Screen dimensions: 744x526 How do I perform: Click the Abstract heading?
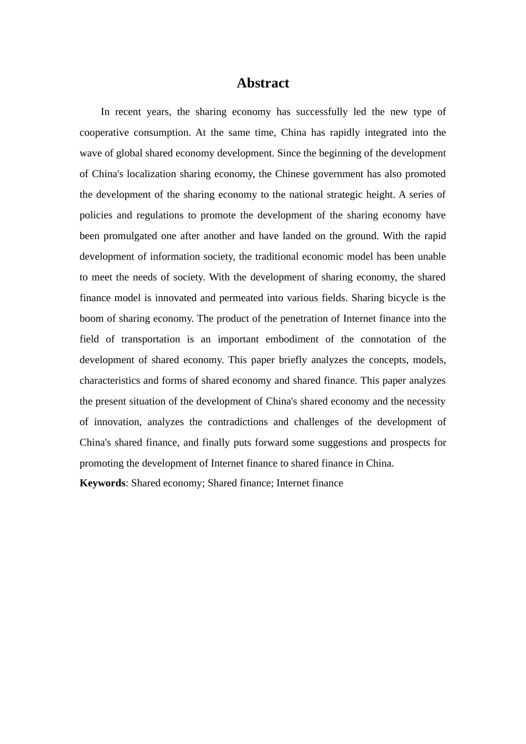point(262,83)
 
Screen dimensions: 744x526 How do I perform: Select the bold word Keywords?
point(102,483)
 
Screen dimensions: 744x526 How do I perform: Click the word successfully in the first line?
point(322,112)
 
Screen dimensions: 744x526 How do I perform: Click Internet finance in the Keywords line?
point(310,483)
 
